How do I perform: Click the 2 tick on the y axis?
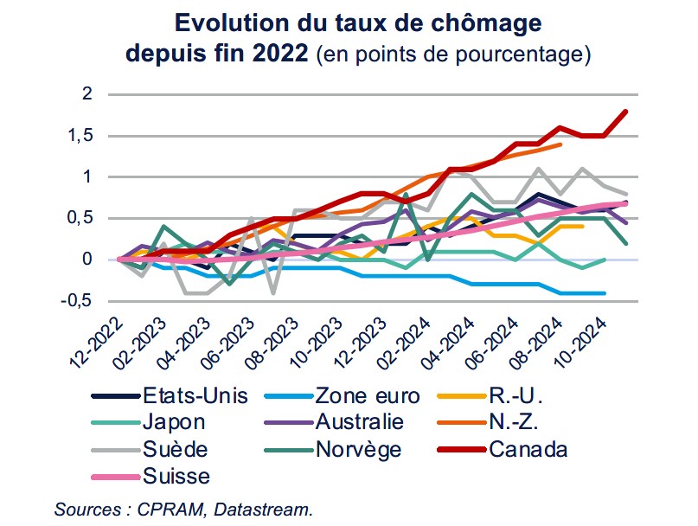click(x=86, y=94)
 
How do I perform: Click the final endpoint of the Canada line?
click(x=625, y=112)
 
